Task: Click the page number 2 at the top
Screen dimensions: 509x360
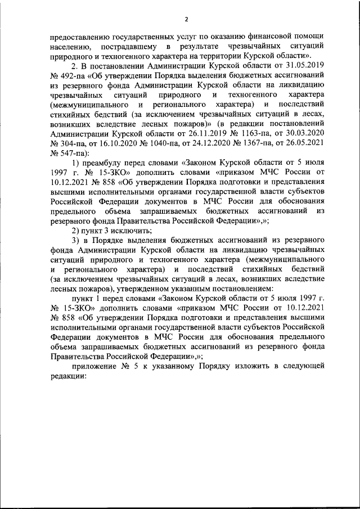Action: [x=186, y=21]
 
